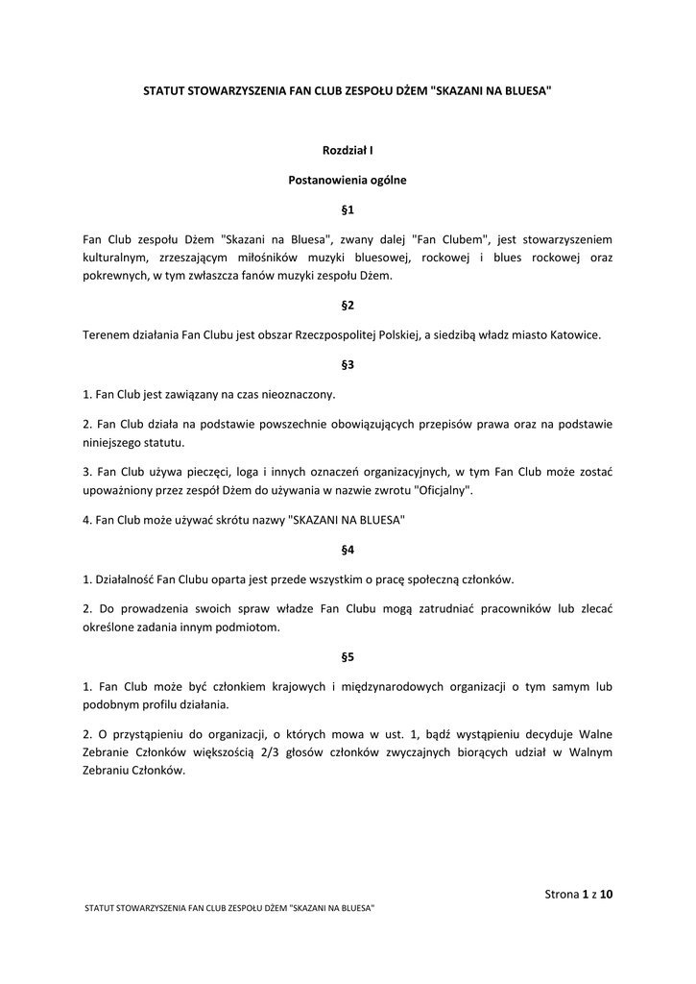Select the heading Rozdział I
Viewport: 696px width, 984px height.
point(348,150)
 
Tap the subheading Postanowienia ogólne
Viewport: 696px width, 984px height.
point(348,180)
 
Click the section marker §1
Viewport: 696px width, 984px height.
point(348,209)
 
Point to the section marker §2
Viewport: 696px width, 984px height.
point(348,306)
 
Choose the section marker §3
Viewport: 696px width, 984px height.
point(348,364)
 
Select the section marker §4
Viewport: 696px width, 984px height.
point(348,551)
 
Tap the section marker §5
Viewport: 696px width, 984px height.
point(348,657)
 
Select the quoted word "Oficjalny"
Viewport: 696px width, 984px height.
point(444,490)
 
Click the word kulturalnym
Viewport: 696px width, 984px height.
point(114,258)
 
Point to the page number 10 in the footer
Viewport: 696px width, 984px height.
point(607,895)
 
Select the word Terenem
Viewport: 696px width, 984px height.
point(108,335)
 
